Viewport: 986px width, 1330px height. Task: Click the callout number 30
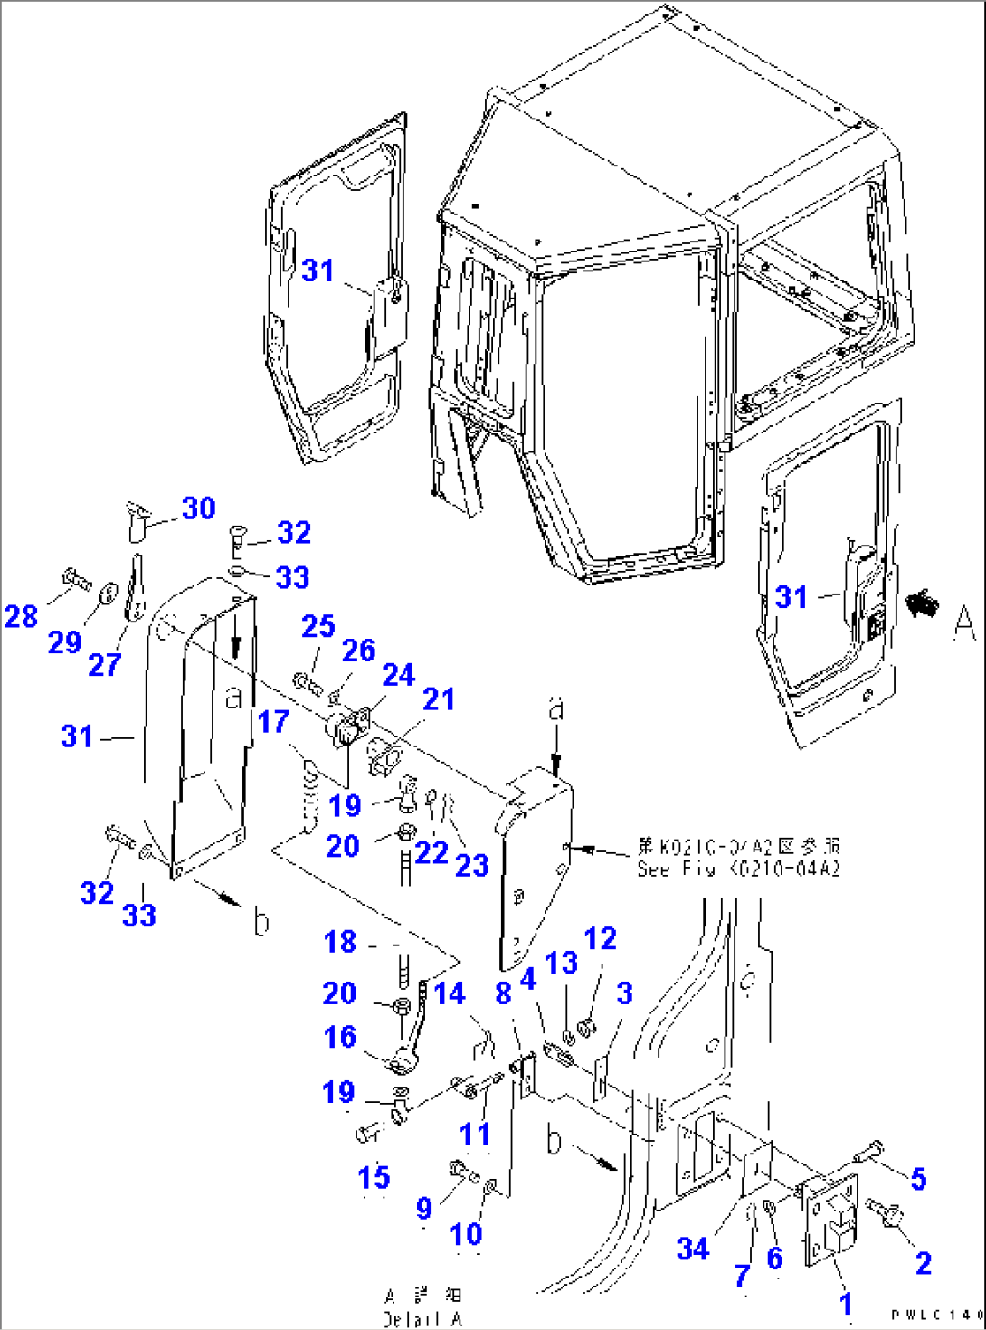coord(199,508)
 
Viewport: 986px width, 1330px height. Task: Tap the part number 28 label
coord(21,617)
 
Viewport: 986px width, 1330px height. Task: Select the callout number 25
coord(318,626)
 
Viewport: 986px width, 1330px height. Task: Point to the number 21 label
coord(439,699)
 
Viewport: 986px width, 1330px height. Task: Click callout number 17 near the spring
coord(273,722)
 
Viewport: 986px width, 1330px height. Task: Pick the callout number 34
coord(693,1249)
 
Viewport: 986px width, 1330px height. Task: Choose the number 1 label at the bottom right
coord(846,1304)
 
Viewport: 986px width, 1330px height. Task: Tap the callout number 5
coord(918,1178)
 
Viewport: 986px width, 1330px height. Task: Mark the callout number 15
coord(374,1177)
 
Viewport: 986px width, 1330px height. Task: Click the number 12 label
coord(601,938)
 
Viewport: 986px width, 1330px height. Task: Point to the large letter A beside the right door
coord(964,622)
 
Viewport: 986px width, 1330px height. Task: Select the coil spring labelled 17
coord(309,796)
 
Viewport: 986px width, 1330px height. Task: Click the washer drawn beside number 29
coord(108,593)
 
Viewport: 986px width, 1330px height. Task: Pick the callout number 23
coord(471,866)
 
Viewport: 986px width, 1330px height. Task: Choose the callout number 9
coord(423,1208)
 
